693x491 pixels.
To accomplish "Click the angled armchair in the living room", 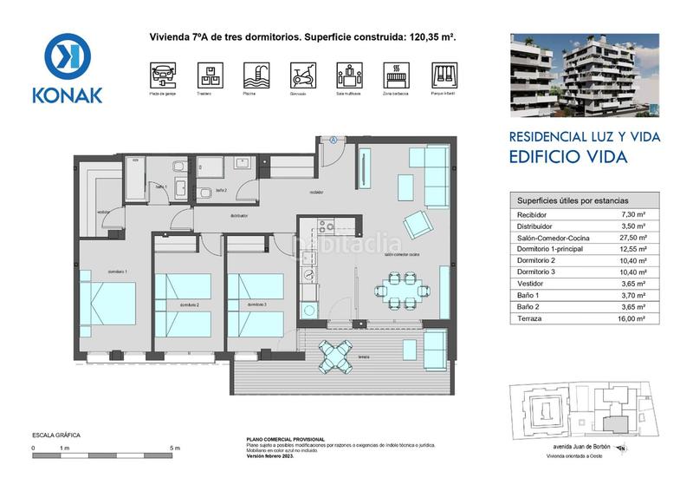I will (x=418, y=225).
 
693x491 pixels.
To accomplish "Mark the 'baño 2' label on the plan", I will (x=221, y=190).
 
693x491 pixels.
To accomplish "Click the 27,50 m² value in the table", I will (x=635, y=237).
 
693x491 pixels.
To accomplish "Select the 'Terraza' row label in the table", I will (x=529, y=319).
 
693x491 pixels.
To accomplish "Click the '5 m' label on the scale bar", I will (x=176, y=448).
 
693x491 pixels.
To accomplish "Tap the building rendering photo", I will (x=584, y=75).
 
